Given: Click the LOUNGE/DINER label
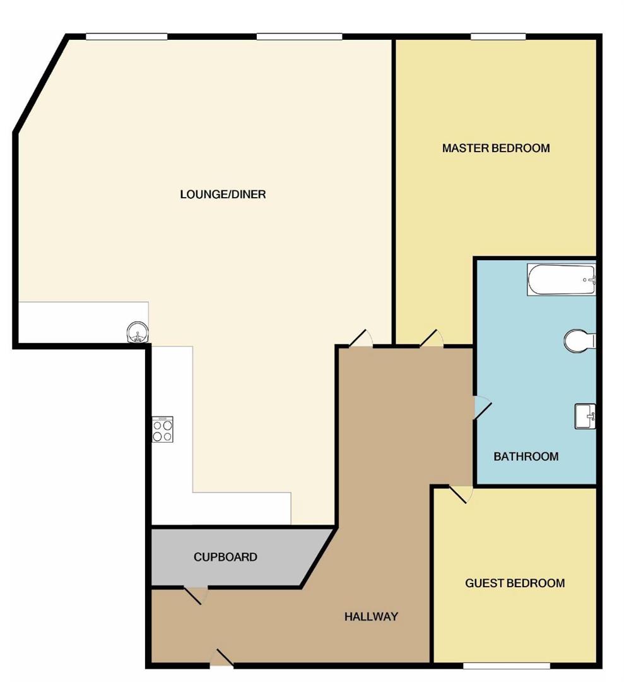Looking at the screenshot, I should (223, 194).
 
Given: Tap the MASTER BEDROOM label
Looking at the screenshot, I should (495, 148).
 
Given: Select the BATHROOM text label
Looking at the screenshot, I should (526, 457).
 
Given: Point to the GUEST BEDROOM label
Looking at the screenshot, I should (515, 583).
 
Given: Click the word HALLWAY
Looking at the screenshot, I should (371, 616).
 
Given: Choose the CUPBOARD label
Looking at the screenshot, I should (225, 557).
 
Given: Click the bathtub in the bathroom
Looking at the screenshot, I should (561, 280).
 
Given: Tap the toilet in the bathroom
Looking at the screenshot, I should (579, 341).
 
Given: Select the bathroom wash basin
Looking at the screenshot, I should (585, 416).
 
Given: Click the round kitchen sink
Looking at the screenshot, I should (138, 331).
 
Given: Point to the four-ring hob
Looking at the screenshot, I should (162, 429).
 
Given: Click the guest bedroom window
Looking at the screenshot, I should (507, 665).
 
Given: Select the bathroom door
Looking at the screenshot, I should (481, 407).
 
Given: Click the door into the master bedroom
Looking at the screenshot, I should (432, 338).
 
